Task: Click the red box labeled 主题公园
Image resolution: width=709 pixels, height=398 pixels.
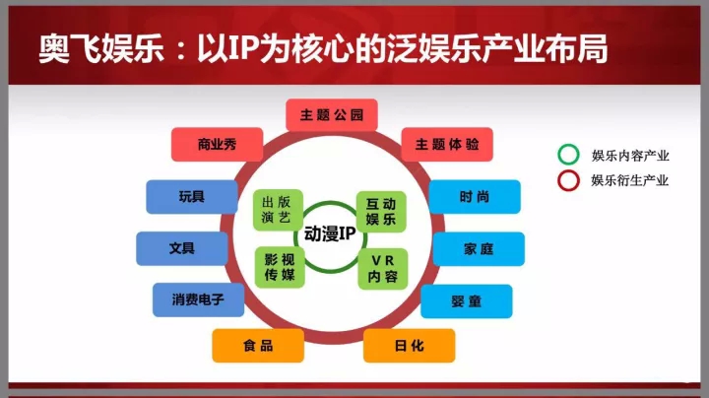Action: (x=332, y=115)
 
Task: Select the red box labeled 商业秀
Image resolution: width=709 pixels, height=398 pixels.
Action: (x=217, y=144)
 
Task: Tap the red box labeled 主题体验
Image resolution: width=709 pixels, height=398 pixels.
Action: (x=447, y=144)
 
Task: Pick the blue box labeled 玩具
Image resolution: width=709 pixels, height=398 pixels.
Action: (x=192, y=197)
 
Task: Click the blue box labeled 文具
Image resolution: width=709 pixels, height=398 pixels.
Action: (x=182, y=248)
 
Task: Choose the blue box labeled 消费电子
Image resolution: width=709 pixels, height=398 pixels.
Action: (x=198, y=299)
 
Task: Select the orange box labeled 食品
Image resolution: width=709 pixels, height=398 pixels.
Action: (x=258, y=346)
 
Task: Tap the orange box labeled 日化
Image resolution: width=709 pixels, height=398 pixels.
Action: (x=410, y=346)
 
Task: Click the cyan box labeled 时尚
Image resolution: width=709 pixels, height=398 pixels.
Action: (x=475, y=197)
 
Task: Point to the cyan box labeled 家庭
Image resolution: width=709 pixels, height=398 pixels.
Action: (x=479, y=248)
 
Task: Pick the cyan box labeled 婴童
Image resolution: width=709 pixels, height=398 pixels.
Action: (x=466, y=301)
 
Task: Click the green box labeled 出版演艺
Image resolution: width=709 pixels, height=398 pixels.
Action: (x=277, y=210)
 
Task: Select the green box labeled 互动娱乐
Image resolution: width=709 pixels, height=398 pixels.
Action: (x=381, y=212)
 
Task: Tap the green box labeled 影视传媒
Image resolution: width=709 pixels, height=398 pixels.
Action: (x=280, y=267)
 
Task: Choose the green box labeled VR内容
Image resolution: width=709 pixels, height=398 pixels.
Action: (x=382, y=269)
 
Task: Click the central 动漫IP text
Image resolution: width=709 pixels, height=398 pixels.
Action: (x=330, y=233)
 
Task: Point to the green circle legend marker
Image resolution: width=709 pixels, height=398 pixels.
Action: (x=568, y=155)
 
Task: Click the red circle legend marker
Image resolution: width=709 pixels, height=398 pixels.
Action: (x=568, y=180)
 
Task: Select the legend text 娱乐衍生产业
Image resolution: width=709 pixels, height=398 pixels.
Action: (x=629, y=180)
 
